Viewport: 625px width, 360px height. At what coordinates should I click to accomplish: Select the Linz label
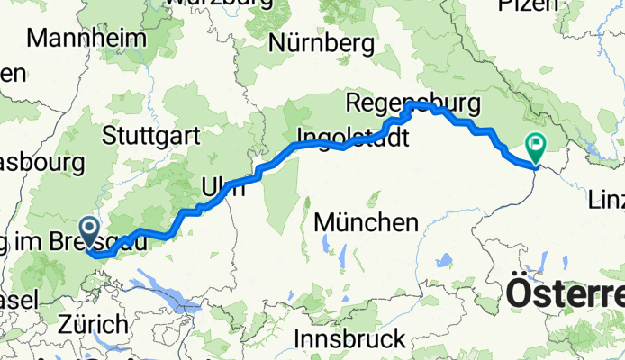click(610, 198)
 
